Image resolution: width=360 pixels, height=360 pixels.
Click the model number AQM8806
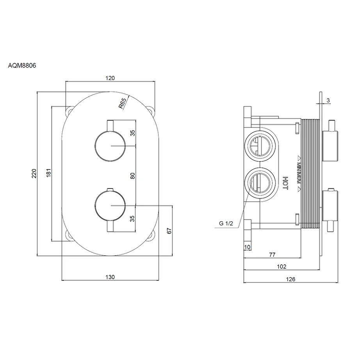(22, 66)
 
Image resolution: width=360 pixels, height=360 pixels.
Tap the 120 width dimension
(110, 78)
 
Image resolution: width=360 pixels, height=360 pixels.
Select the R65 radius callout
(122, 103)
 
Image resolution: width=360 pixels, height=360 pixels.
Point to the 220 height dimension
(34, 173)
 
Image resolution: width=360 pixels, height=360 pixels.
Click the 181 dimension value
(48, 173)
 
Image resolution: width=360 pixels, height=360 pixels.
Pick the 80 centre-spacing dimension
(132, 176)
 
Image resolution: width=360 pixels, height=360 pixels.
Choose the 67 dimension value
(169, 231)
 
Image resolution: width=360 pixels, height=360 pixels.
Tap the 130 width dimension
(110, 277)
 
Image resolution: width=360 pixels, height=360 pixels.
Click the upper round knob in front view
(110, 146)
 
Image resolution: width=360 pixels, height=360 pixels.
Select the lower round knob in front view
(110, 205)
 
